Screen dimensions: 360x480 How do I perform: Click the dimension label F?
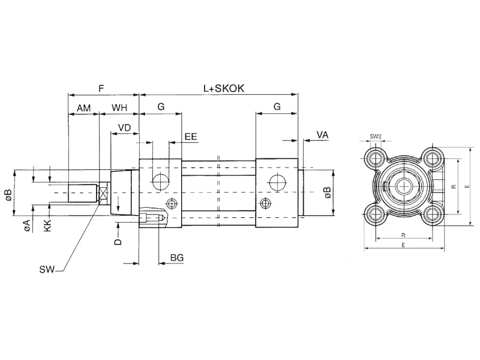point(101,88)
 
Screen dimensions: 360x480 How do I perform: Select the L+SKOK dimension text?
point(223,88)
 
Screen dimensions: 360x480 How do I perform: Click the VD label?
point(124,128)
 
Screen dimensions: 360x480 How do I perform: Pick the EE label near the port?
point(191,137)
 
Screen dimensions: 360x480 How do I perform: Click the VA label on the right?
point(322,136)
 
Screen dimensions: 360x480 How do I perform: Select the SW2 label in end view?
point(376,136)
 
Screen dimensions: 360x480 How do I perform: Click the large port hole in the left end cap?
point(160,180)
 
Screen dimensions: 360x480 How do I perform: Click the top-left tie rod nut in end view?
point(376,159)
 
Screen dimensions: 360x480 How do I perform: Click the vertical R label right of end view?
point(454,187)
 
